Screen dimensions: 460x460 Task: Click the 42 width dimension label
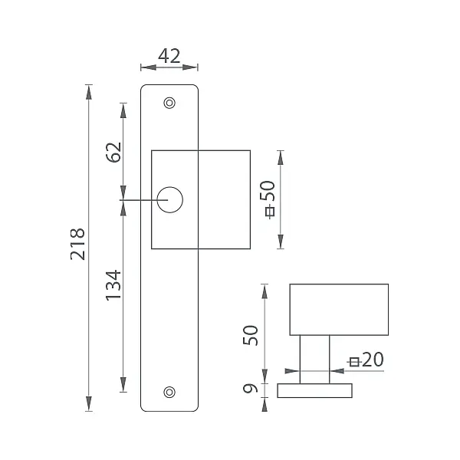[x=169, y=56]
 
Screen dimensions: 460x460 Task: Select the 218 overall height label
[x=77, y=244]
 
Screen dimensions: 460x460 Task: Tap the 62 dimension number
[x=113, y=153]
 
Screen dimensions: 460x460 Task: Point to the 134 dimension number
[x=113, y=285]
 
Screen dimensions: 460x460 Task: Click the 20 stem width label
[x=373, y=360]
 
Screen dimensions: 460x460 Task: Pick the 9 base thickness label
[x=250, y=389]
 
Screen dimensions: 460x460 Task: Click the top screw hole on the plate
[x=169, y=103]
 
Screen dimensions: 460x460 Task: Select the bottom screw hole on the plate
[x=169, y=393]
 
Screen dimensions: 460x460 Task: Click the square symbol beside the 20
[x=354, y=363]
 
